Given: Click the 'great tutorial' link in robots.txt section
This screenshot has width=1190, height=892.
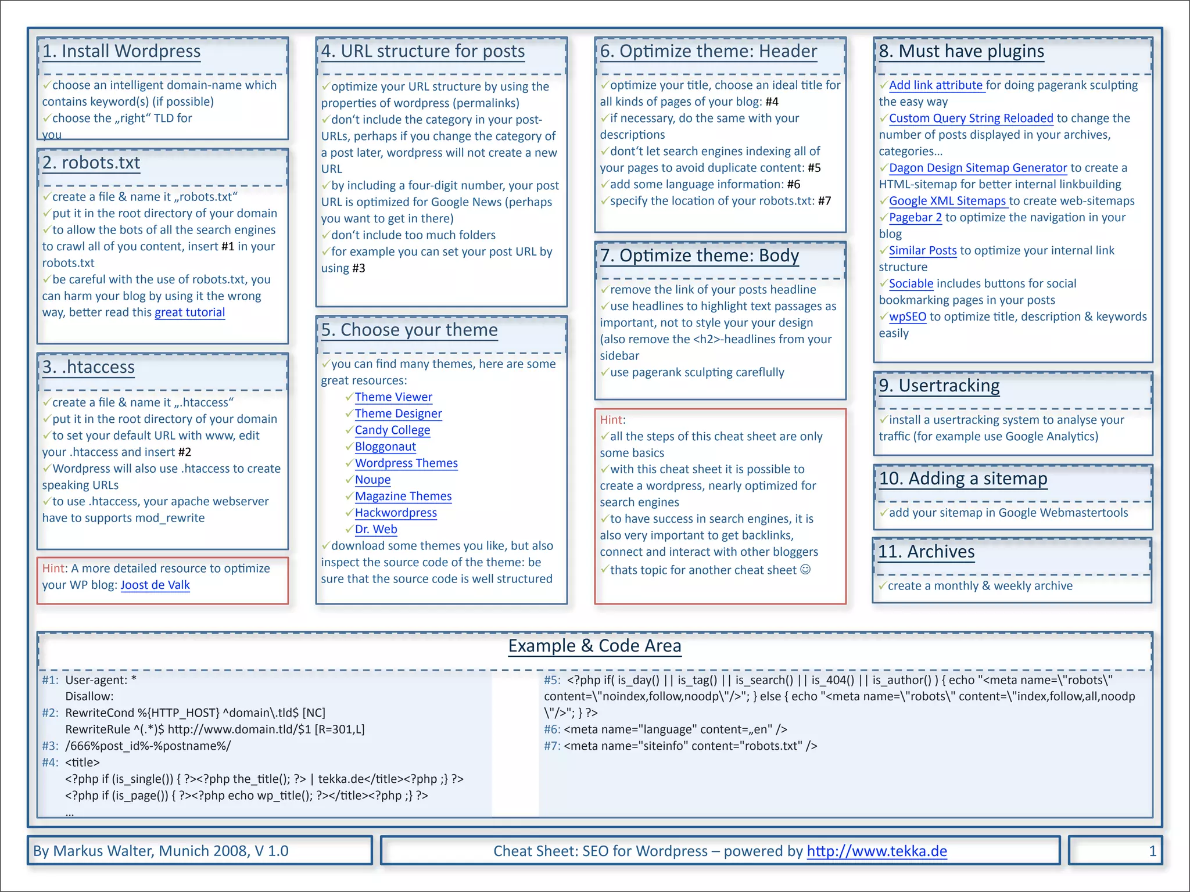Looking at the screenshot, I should [x=189, y=312].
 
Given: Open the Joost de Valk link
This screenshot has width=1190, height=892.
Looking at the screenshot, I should [x=155, y=585].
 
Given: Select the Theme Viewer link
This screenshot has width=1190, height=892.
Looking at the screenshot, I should [x=393, y=397].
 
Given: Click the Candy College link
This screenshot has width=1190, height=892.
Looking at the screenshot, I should [x=392, y=430].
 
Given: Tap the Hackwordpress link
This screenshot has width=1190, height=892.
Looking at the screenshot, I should [x=396, y=513].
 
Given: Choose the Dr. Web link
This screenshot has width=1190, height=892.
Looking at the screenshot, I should [x=376, y=530].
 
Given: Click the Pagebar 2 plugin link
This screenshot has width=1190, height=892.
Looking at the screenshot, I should [x=915, y=218].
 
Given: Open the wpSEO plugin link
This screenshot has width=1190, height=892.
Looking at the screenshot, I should [x=908, y=317].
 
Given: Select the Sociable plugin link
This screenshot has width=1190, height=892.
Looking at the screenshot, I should [x=911, y=284].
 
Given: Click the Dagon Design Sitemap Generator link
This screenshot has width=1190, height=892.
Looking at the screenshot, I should [x=978, y=168].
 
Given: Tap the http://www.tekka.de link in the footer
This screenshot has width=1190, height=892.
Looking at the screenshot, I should [x=876, y=851].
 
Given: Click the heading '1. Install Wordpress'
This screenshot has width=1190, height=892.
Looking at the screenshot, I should [x=121, y=51].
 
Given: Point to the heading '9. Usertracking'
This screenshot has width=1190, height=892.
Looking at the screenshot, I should [x=939, y=386].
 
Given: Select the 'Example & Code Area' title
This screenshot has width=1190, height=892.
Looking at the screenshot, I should [x=594, y=646].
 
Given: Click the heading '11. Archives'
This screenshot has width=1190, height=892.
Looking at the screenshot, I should [x=926, y=552].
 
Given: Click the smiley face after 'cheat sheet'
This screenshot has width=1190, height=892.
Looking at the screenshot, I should [x=805, y=570].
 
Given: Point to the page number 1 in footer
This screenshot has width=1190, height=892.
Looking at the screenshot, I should [x=1152, y=851].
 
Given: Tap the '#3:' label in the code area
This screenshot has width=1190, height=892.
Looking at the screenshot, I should [x=50, y=746].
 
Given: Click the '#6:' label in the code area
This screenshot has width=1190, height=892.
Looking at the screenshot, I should [x=552, y=730].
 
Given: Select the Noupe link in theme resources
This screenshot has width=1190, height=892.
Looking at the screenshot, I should [x=372, y=480].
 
